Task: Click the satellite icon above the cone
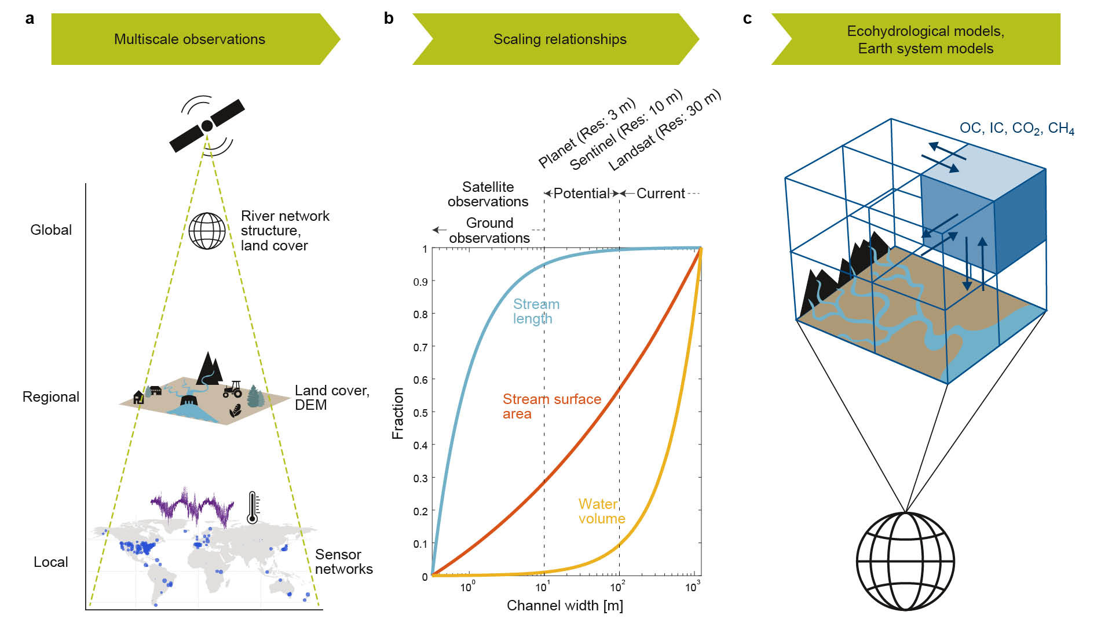pos(207,126)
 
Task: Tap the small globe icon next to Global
pos(207,231)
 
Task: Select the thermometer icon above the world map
pos(253,508)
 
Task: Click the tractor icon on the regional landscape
pos(233,389)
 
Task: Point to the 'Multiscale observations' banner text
pos(189,39)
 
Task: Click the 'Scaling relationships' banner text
pos(559,39)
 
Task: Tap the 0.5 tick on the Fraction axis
pos(420,413)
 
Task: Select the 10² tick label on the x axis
pos(617,587)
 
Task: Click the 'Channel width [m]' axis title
pos(565,606)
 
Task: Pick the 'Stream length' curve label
pos(536,311)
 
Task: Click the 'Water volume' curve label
pos(601,511)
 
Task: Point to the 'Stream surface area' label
pos(551,406)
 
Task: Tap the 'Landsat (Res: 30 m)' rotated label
pos(665,130)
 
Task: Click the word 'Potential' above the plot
pos(581,194)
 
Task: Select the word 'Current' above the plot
pos(660,194)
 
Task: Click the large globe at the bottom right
pos(905,561)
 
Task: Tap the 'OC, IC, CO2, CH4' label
pos(1016,128)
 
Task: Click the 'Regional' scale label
pos(51,397)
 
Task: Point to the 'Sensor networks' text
pos(343,562)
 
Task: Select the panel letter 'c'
pos(747,19)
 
